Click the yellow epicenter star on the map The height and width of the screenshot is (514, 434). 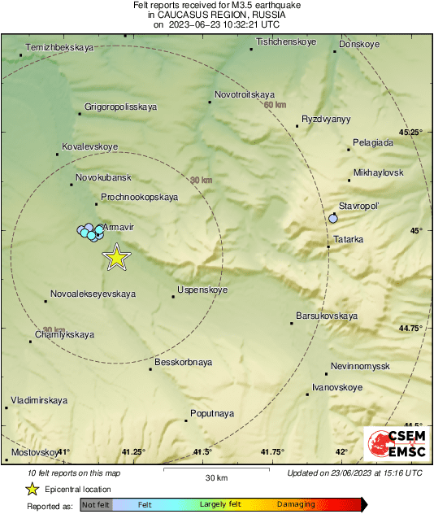point(117,257)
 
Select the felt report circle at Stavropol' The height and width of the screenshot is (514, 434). point(333,218)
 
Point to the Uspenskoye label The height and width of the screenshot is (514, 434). point(202,290)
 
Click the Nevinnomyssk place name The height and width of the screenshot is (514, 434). point(360,367)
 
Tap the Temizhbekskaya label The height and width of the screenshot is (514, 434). point(59,48)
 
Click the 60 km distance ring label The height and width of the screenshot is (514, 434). point(276,105)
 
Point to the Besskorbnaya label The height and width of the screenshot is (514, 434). point(183,362)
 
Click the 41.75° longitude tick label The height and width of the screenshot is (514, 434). point(274,452)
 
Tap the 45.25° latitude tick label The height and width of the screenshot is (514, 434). point(411,132)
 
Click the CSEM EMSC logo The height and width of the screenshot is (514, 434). point(393,445)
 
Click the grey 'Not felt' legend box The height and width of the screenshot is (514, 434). point(96,505)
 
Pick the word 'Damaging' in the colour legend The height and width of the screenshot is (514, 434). point(295,505)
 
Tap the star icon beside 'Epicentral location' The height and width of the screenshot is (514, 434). point(32,489)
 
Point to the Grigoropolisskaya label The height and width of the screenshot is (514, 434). point(121,107)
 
